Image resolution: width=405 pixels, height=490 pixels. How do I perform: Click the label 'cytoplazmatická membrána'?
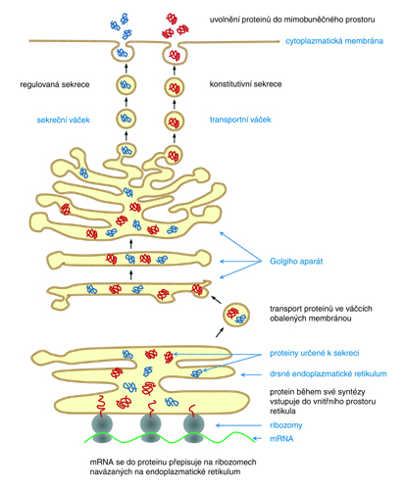tap(334, 41)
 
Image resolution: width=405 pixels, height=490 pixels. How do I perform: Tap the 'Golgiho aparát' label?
tap(296, 262)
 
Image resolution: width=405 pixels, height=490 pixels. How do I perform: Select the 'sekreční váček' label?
tap(63, 120)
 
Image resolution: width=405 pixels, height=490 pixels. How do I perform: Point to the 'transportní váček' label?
tap(240, 120)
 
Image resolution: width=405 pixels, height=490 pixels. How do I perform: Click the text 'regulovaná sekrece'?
tap(55, 84)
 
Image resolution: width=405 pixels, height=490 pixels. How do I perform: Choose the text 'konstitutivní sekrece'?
tap(245, 84)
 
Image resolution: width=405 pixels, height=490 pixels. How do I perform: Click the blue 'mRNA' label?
tap(281, 439)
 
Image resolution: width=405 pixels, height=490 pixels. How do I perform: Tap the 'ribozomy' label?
tap(286, 425)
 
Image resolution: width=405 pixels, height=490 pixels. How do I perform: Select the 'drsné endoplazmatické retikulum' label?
tap(329, 373)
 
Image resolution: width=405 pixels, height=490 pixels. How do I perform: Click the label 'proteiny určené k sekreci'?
tap(314, 353)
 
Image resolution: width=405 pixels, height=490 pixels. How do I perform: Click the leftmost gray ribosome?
tap(102, 428)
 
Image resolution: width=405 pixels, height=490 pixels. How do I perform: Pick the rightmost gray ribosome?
tap(194, 428)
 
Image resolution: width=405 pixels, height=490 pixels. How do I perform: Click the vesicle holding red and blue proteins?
tap(236, 315)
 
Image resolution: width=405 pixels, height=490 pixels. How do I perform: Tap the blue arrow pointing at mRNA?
tap(258, 438)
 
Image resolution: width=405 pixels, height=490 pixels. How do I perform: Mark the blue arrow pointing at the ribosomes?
tap(238, 425)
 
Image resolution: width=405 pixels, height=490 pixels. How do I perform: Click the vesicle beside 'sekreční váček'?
tap(126, 119)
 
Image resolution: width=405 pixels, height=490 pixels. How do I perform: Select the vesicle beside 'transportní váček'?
tap(174, 121)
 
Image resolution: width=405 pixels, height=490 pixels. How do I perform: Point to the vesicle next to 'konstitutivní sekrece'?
tap(174, 87)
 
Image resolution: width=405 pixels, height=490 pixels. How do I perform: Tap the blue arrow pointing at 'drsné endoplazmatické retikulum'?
tap(251, 374)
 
